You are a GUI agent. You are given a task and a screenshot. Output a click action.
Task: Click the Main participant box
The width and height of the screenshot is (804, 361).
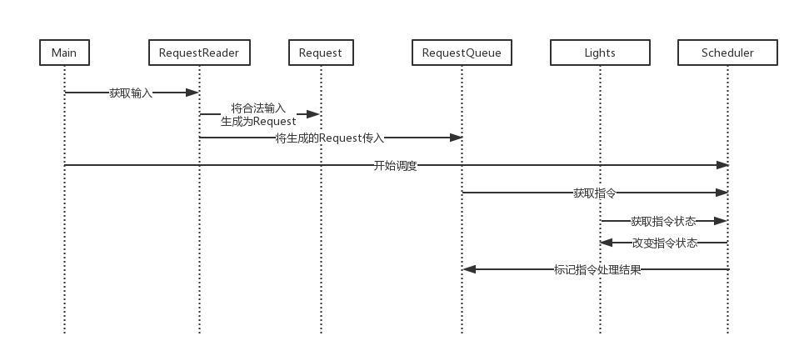click(x=64, y=53)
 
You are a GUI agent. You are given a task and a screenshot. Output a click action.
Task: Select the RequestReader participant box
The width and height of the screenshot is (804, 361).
click(x=199, y=53)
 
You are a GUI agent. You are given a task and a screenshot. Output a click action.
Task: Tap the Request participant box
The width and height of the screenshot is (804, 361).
click(x=321, y=53)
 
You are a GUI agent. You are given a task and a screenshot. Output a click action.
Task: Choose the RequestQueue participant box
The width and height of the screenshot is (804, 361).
click(x=462, y=53)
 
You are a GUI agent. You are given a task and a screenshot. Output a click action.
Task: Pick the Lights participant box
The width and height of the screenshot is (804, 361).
click(x=600, y=53)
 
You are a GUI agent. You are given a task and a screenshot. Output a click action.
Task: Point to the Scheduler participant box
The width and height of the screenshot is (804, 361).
click(x=727, y=53)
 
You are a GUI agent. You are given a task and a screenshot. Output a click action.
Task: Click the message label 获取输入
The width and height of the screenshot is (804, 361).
click(x=131, y=93)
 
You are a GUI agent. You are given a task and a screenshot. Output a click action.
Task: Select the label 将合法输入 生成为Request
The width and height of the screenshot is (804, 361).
click(x=258, y=114)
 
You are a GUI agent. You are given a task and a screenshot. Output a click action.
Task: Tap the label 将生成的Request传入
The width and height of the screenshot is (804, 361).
click(x=330, y=138)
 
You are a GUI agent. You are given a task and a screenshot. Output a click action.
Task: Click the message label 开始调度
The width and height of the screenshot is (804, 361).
click(x=395, y=165)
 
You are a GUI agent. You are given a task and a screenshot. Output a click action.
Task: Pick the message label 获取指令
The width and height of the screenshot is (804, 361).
click(x=595, y=193)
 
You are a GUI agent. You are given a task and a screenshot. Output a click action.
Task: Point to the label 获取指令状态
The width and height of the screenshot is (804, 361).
click(x=663, y=221)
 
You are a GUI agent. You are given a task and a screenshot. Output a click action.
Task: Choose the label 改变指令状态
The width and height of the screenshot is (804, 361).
click(x=664, y=243)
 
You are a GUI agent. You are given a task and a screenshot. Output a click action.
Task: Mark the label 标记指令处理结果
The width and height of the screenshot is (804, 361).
click(x=597, y=269)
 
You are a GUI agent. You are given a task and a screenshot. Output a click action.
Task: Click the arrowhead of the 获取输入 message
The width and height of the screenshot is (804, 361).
click(x=193, y=93)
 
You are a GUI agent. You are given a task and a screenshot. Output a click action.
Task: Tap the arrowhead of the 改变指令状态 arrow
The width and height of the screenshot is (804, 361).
click(x=607, y=243)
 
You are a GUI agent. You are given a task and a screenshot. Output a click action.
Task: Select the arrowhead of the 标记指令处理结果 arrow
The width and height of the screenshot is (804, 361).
click(x=469, y=269)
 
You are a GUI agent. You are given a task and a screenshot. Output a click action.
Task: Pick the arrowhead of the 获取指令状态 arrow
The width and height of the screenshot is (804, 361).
click(x=722, y=221)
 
